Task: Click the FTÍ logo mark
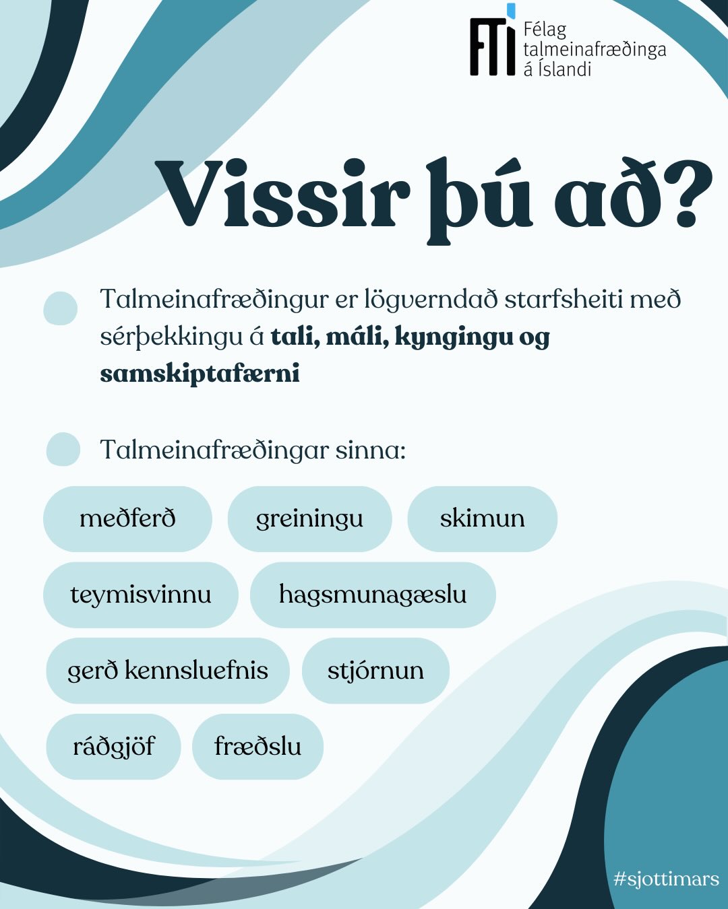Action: pyautogui.click(x=493, y=40)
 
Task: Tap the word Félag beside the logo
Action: pyautogui.click(x=545, y=31)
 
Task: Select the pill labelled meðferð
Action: pyautogui.click(x=127, y=518)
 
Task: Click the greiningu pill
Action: pyautogui.click(x=309, y=518)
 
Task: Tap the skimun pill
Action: pyautogui.click(x=482, y=518)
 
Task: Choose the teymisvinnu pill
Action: pyautogui.click(x=141, y=595)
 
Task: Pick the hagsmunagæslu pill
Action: pyautogui.click(x=373, y=595)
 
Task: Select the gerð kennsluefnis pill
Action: pyautogui.click(x=168, y=671)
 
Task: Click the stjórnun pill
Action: pyautogui.click(x=375, y=671)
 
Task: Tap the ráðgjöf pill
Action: pyautogui.click(x=113, y=746)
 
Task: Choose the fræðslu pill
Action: pyautogui.click(x=257, y=746)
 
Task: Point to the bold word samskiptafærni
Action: pyautogui.click(x=200, y=374)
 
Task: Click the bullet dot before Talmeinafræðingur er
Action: pyautogui.click(x=61, y=308)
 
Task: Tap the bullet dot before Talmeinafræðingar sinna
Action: pyautogui.click(x=63, y=449)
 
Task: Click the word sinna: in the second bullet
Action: pyautogui.click(x=371, y=450)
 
